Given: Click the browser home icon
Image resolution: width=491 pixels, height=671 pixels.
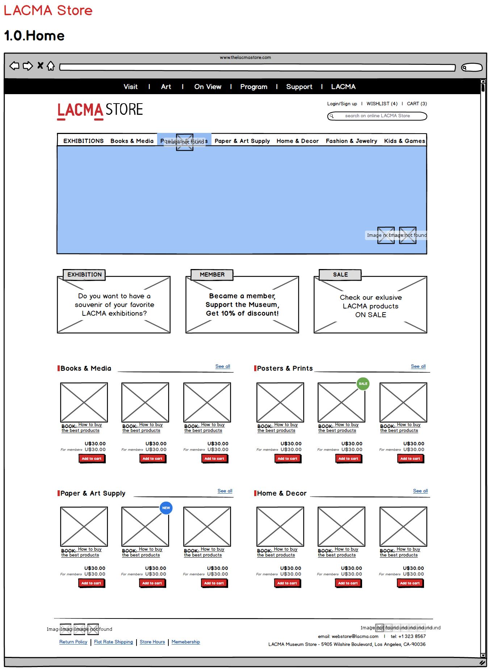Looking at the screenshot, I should (51, 66).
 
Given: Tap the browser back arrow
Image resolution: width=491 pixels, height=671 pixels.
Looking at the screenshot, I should (14, 66).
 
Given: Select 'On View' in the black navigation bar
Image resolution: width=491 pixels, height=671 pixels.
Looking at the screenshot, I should (207, 87).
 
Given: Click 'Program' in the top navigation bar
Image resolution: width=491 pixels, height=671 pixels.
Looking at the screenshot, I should (253, 87).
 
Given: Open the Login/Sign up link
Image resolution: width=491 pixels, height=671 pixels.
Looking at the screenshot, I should (342, 104).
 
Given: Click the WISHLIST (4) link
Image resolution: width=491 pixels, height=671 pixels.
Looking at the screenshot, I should (382, 104).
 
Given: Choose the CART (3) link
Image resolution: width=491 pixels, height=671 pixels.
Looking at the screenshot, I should (417, 104).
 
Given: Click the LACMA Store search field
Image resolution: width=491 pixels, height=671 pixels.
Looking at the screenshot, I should (377, 116).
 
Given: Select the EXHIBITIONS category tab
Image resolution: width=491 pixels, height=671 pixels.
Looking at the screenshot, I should (83, 141).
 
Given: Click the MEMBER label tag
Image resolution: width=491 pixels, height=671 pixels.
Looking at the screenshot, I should (212, 275).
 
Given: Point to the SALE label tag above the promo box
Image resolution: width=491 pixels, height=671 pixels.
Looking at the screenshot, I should (340, 275).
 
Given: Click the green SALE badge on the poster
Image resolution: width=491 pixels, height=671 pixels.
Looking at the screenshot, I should (363, 384).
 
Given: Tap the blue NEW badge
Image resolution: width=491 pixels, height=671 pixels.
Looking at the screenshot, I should (166, 508).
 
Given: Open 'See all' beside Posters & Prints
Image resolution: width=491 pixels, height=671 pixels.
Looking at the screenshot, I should (418, 366).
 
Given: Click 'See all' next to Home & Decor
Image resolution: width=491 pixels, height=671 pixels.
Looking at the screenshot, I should (420, 491).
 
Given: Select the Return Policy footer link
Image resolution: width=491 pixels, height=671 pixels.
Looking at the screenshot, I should (73, 642).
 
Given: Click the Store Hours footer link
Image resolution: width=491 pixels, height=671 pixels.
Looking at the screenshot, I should (152, 642).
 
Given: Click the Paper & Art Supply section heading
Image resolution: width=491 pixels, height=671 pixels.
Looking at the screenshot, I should (93, 494).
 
